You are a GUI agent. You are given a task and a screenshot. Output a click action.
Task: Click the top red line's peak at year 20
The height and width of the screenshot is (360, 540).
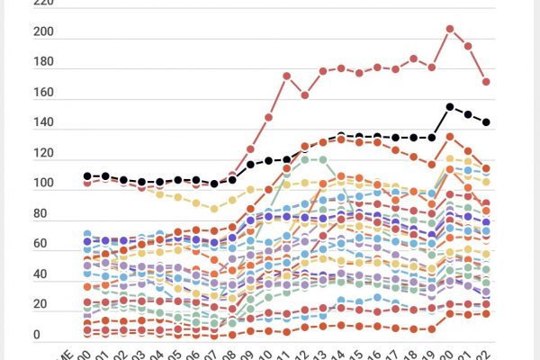click(x=450, y=29)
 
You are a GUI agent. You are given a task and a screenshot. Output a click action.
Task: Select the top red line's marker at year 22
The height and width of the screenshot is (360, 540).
click(x=487, y=82)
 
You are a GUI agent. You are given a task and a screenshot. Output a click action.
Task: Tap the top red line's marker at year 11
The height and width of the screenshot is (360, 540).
click(x=287, y=76)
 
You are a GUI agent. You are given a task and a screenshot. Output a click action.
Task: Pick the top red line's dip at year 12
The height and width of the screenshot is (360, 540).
click(x=305, y=94)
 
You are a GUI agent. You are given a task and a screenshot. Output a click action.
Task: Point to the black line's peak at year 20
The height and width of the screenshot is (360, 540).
click(x=450, y=107)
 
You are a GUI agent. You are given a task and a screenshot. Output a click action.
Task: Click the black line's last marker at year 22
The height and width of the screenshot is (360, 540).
click(x=487, y=122)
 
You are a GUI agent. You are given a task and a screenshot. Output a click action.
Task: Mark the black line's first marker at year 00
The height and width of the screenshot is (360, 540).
click(x=87, y=176)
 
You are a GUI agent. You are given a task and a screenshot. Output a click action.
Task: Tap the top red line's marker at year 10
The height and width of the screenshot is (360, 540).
click(x=268, y=118)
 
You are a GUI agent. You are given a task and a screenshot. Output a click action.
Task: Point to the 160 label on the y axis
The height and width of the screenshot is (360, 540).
click(x=43, y=94)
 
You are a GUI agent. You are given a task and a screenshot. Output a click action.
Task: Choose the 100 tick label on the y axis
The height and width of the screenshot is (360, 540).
click(x=43, y=184)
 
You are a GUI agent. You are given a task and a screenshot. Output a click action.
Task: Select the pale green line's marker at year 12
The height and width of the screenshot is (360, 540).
click(x=305, y=160)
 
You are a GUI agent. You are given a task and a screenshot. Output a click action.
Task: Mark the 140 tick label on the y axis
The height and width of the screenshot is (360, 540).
click(x=43, y=124)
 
